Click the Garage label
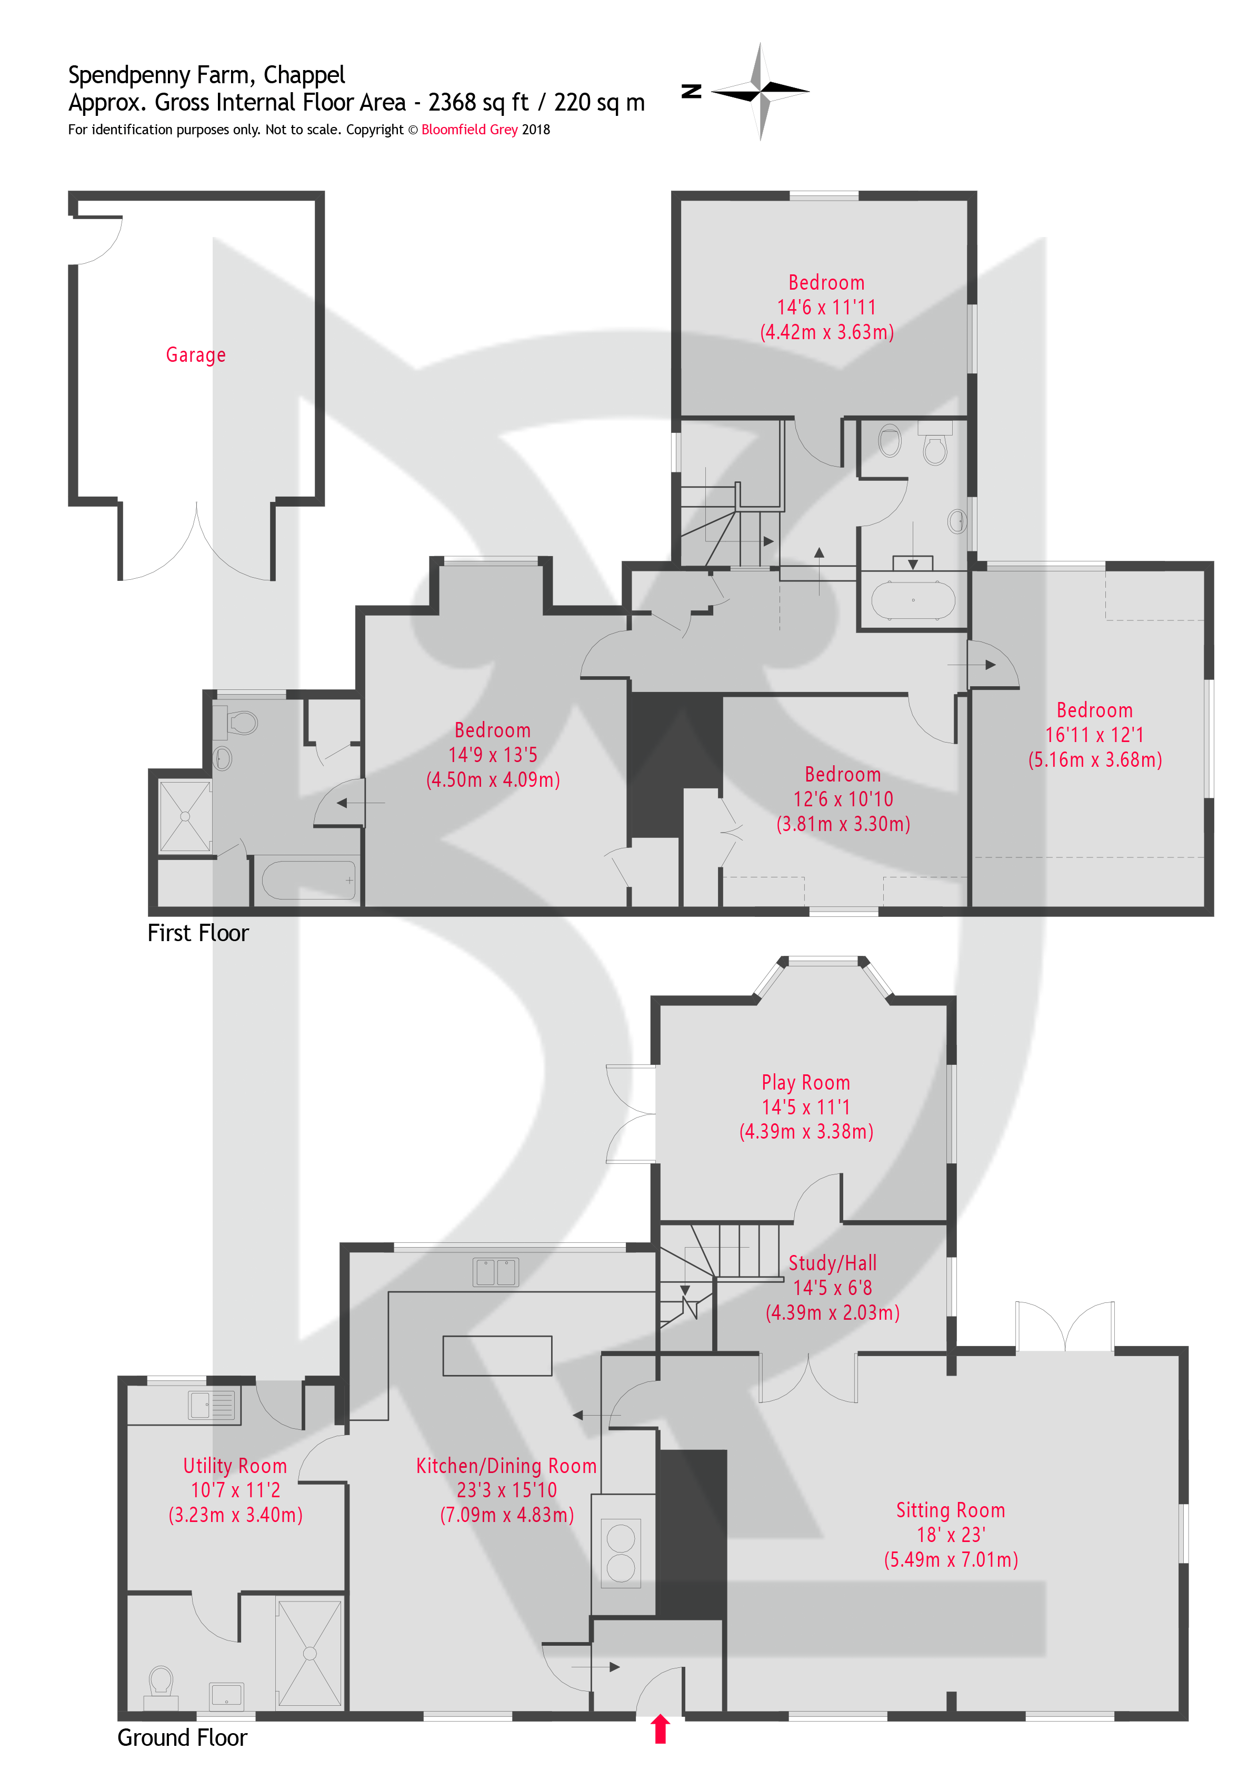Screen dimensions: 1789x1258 click(x=195, y=355)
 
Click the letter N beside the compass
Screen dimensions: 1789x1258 click(x=691, y=91)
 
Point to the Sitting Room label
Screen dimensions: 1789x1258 click(x=950, y=1510)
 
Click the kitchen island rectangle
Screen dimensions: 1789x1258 click(x=497, y=1356)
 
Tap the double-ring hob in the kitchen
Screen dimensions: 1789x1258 click(x=621, y=1552)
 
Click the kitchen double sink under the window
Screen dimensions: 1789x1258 click(x=495, y=1272)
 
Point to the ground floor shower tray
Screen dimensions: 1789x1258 click(x=309, y=1654)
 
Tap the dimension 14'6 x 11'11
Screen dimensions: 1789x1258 click(x=826, y=308)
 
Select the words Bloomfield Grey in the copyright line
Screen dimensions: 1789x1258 click(x=469, y=130)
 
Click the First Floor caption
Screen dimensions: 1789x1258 click(x=198, y=933)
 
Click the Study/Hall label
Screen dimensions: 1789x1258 click(x=832, y=1263)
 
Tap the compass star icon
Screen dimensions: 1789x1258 click(x=760, y=91)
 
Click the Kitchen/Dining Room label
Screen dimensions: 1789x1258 click(x=506, y=1466)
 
